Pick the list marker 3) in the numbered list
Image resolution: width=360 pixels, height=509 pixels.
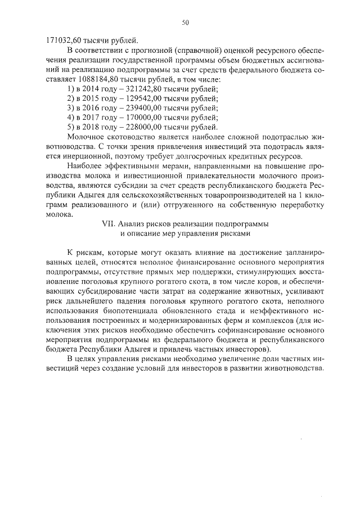tap(70, 108)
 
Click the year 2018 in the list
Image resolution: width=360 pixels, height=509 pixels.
tap(93, 127)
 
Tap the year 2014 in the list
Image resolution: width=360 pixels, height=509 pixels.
tap(93, 89)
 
